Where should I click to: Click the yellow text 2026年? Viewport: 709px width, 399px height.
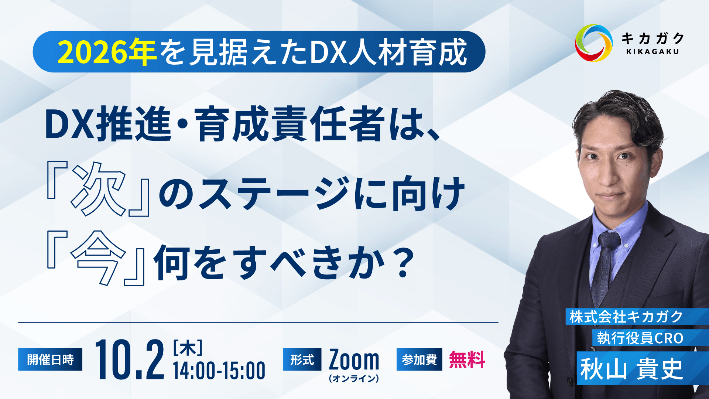pos(107,52)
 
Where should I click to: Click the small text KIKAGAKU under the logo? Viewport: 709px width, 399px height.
pos(653,52)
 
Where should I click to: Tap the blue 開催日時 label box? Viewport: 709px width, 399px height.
pos(50,359)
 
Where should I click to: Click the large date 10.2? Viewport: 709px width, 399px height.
pos(130,360)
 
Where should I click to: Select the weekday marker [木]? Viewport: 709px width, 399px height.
pos(188,348)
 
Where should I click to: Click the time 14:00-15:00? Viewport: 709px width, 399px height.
pos(219,371)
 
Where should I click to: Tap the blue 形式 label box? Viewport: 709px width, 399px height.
pos(302,359)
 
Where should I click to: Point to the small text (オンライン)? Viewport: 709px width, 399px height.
pos(354,379)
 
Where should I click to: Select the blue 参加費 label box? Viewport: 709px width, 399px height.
pos(419,359)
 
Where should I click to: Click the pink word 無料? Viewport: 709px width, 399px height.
pos(467,359)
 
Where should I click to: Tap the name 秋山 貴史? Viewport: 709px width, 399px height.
pos(631,369)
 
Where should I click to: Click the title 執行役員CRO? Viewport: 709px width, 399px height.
pos(640,338)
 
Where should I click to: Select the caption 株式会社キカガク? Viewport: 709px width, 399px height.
pos(626,317)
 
